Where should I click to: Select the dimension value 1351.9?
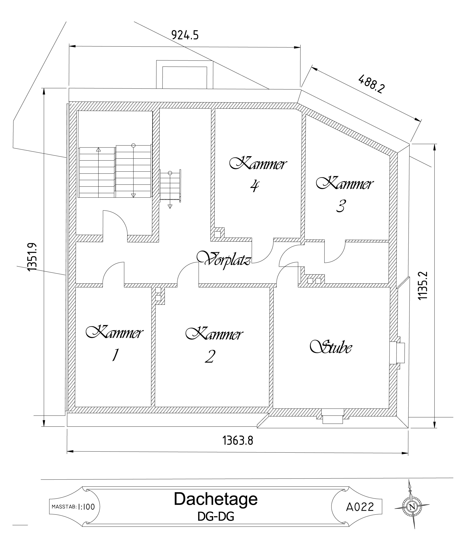coord(32,257)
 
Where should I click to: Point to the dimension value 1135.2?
coord(423,285)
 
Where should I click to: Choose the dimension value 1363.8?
coord(238,441)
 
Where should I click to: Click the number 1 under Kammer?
coord(115,355)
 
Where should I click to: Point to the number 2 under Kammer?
coord(210,356)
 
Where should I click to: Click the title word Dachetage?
coord(216,499)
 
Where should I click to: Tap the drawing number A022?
coord(360,507)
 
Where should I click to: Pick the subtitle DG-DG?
coord(216,517)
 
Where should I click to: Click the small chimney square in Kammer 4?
coord(217,234)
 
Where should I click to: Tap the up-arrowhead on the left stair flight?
coord(98,150)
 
